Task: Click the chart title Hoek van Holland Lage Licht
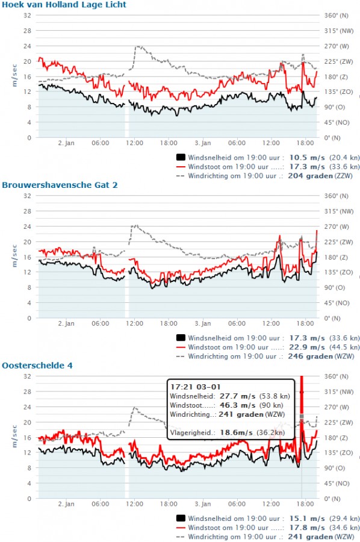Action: point(64,5)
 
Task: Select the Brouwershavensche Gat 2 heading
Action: point(60,185)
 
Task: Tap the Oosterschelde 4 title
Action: point(37,366)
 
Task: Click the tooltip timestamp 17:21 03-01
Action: point(195,387)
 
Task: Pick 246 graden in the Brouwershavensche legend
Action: point(310,357)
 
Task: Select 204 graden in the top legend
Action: point(310,176)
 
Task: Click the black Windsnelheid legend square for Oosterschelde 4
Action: point(181,518)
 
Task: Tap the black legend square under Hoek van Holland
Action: point(181,157)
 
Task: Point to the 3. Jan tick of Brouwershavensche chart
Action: point(203,323)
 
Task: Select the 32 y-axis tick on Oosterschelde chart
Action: point(27,376)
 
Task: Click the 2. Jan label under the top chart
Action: point(66,143)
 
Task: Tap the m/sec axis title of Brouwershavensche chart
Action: point(14,256)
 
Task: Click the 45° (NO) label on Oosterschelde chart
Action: point(337,483)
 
